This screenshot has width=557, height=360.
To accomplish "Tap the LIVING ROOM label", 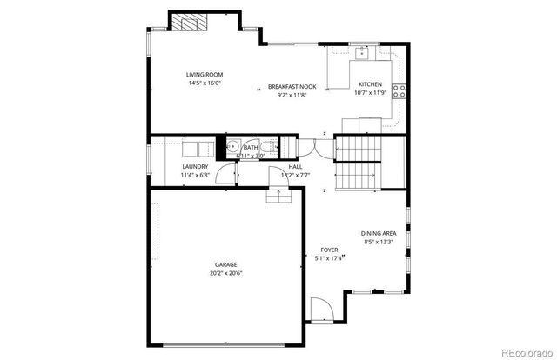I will coord(204,75).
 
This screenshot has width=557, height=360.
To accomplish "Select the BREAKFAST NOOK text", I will coord(291,86).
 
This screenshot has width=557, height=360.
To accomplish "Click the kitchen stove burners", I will coord(400,90).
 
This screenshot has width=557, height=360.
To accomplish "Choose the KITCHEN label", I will coord(370,84).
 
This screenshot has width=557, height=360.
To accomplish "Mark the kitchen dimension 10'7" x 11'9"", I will coord(371,92).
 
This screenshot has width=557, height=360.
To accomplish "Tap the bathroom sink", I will coord(233,149).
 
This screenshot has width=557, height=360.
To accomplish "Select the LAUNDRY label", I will coord(194,167).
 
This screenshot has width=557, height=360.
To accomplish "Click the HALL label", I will coord(295,167).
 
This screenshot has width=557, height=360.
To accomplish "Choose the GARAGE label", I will coord(226,264).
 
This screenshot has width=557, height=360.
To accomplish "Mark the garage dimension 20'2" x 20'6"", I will coord(226,273).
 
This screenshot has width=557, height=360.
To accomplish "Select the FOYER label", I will coord(328,250).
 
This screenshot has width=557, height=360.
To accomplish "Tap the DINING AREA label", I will coord(379,233).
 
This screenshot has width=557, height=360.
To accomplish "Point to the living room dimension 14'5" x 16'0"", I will coord(204,83).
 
